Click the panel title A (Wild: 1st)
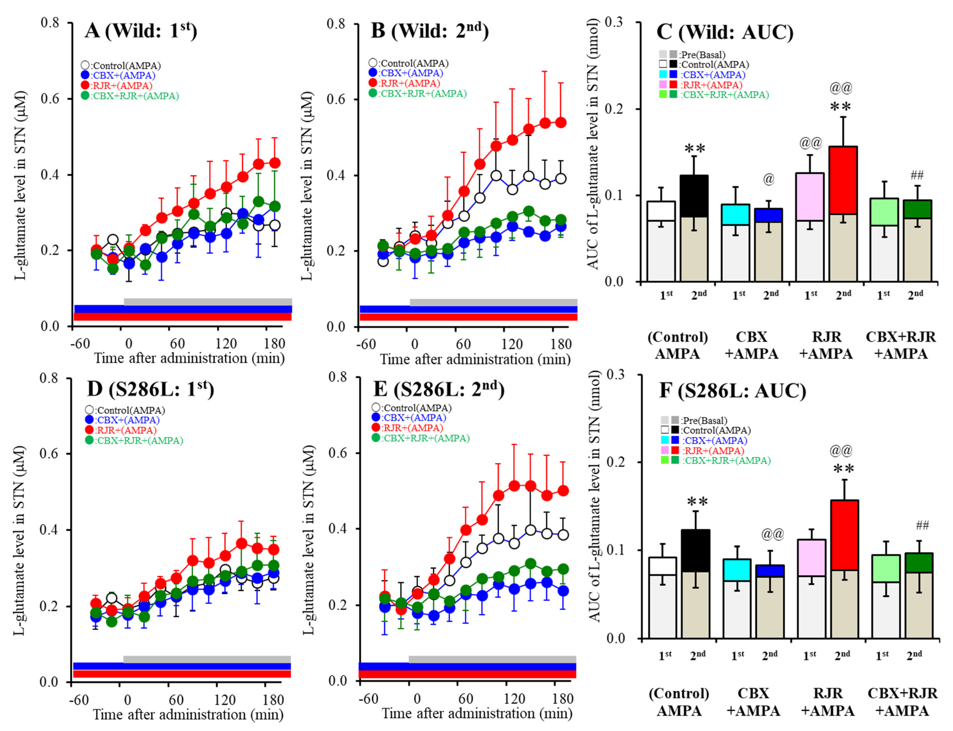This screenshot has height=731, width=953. [x=140, y=31]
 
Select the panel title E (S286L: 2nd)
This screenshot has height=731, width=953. [x=438, y=389]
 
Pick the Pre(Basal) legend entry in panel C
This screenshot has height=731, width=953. [x=692, y=55]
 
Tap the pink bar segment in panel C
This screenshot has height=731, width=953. [x=809, y=197]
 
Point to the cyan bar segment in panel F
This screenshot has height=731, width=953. [x=737, y=570]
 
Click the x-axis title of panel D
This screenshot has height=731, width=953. [x=188, y=715]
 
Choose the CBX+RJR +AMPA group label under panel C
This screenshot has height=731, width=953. [x=900, y=345]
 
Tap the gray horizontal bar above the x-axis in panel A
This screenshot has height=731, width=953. [x=208, y=302]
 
